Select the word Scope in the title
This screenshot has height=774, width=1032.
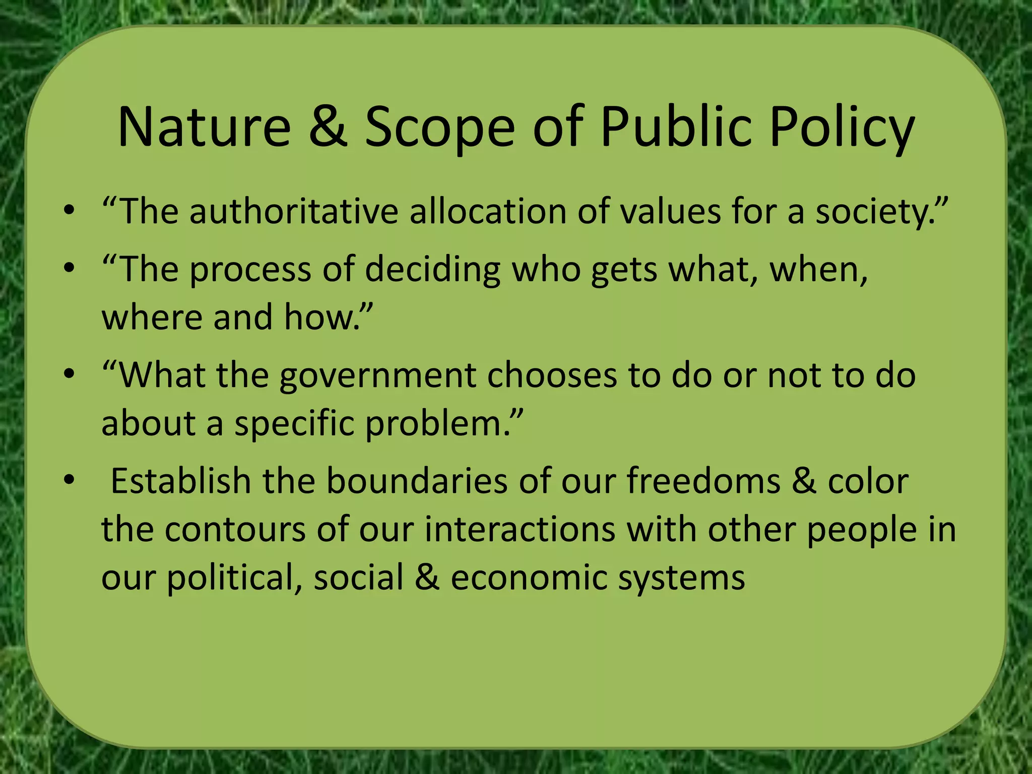click(439, 128)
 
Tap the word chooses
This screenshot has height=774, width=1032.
click(552, 375)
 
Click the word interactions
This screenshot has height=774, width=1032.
click(520, 530)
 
